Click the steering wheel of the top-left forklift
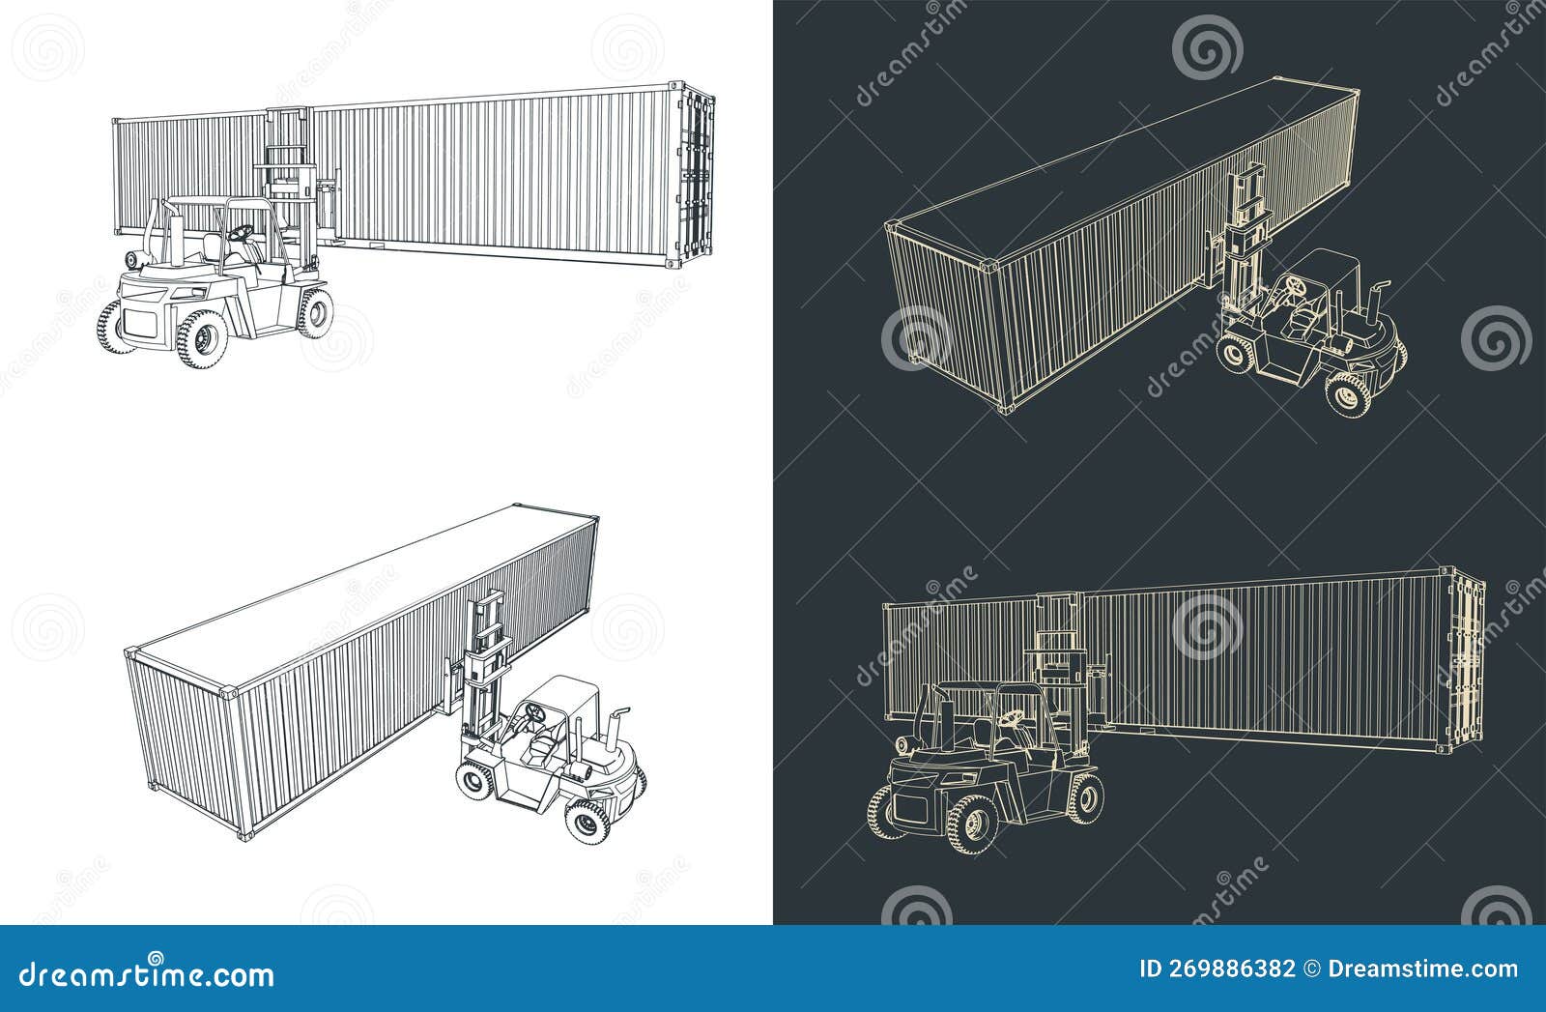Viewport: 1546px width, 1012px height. (x=241, y=232)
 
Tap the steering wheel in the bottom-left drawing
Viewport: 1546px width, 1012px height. (x=533, y=712)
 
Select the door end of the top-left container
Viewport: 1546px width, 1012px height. (x=697, y=174)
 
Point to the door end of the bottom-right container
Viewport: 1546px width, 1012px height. (x=1469, y=657)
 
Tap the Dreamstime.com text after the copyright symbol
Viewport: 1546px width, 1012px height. (x=1422, y=969)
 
